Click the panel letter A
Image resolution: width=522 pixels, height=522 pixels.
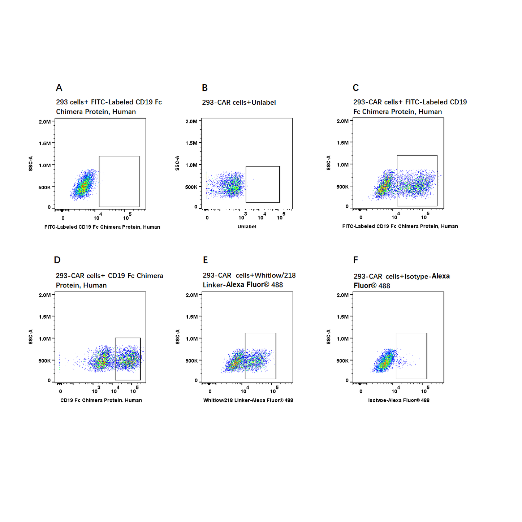[x=59, y=88]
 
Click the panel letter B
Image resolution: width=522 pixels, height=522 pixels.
[x=205, y=88]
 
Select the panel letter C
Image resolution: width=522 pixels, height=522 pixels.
[x=356, y=88]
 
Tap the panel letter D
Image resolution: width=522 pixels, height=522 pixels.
[x=57, y=260]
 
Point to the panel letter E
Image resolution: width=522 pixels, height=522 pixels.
[x=205, y=260]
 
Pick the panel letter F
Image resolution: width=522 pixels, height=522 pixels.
[x=356, y=260]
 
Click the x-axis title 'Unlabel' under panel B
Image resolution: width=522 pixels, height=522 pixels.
[x=247, y=227]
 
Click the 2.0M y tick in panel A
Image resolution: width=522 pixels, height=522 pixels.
[x=45, y=122]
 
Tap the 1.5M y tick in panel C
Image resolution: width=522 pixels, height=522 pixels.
[x=342, y=143]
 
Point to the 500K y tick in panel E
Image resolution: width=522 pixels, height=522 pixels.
[x=191, y=361]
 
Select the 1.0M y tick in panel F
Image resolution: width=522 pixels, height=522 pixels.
[x=342, y=338]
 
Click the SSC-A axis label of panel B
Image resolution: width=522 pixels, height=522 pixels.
[x=177, y=163]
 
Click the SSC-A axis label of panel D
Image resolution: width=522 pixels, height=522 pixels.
[x=31, y=337]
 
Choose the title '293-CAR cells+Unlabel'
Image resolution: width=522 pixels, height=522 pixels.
[x=239, y=103]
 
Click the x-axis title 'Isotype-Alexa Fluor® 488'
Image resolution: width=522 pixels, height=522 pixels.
[x=399, y=400]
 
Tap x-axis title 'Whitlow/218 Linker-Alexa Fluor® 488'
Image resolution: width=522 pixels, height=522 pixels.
[x=248, y=400]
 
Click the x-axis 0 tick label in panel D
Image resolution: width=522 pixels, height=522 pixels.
[x=60, y=392]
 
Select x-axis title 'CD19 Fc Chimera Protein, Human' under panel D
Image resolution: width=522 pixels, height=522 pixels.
[x=101, y=400]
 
